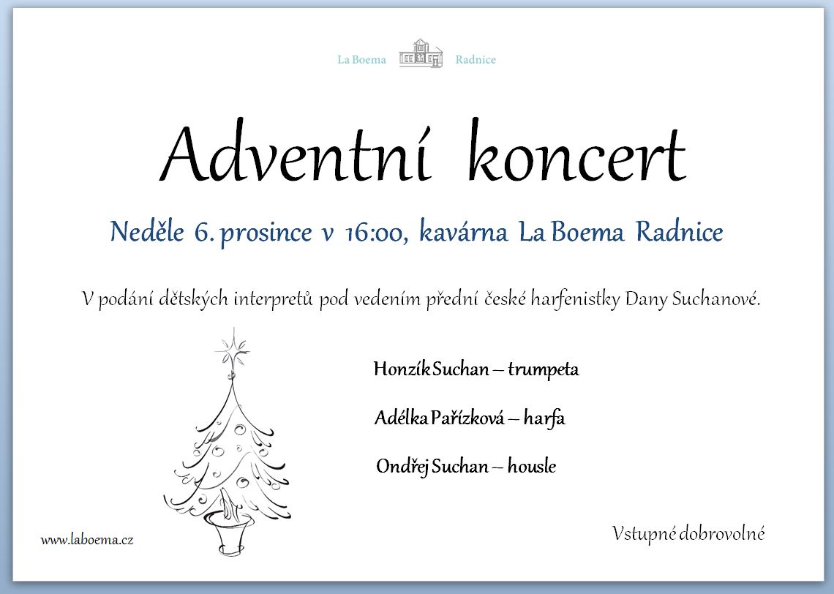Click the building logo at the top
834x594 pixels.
pos(421,53)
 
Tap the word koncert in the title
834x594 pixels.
pos(577,151)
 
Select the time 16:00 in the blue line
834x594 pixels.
pos(376,233)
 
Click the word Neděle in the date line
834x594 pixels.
pos(147,232)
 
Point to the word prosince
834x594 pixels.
pos(266,234)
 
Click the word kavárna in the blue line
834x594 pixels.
pos(463,232)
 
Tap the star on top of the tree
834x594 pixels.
pos(233,348)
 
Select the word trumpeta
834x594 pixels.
pos(543,369)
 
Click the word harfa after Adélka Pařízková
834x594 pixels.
pos(544,418)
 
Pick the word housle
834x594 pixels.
pos(531,467)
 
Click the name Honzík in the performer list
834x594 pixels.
pos(402,369)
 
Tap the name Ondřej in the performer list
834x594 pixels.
pos(402,467)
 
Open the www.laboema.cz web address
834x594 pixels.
pos(87,541)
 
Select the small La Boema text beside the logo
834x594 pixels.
pos(361,59)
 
